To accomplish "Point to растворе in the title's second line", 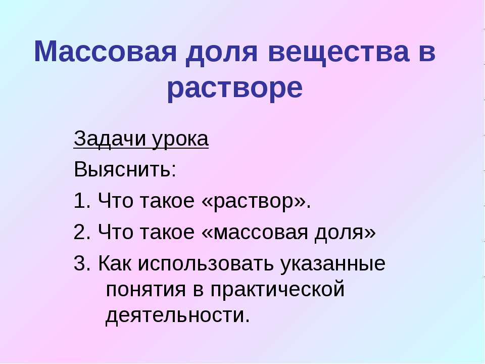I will [x=235, y=88].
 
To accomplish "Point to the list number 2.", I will [x=80, y=233].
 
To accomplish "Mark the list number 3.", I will [x=80, y=264].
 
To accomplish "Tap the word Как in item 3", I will [x=116, y=264].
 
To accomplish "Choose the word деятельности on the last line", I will [x=177, y=316].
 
